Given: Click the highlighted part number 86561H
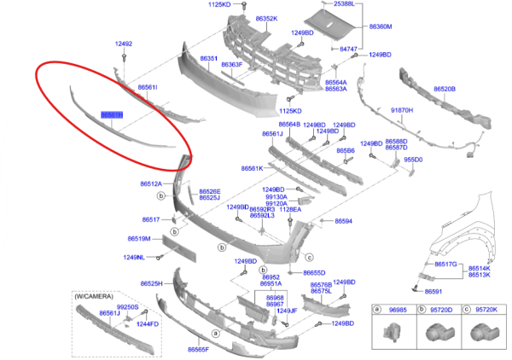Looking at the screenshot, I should tap(112, 113).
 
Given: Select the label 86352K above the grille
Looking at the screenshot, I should tap(265, 19).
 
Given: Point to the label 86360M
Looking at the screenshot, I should tap(381, 27).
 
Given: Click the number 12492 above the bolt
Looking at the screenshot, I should tap(124, 44).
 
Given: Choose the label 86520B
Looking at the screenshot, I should tap(444, 89).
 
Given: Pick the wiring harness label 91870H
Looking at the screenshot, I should tap(402, 111).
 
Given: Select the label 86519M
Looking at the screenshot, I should tap(139, 239).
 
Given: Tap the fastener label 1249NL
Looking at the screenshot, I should tap(135, 257).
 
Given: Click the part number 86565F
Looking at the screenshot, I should tap(198, 350).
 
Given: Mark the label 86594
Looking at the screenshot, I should tap(343, 221).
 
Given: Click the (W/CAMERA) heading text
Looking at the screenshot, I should tap(92, 295).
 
